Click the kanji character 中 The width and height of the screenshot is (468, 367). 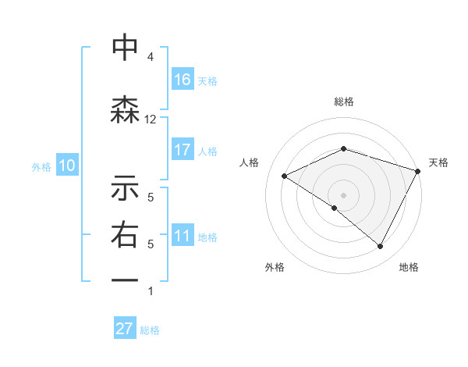tap(125, 48)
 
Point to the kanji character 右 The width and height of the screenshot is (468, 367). tap(125, 235)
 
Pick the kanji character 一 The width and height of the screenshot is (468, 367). tap(125, 280)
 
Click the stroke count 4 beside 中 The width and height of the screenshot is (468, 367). tap(151, 57)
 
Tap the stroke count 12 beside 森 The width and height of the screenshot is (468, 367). tap(151, 119)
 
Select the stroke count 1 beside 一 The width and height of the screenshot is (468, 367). tap(151, 291)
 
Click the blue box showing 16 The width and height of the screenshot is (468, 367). tap(183, 80)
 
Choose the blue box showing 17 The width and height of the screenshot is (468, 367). tap(183, 150)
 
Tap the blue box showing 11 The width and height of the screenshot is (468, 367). tap(183, 236)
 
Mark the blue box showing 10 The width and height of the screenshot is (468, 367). tap(67, 166)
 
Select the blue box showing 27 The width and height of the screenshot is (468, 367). tap(125, 329)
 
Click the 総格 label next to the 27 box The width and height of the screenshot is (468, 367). tap(150, 330)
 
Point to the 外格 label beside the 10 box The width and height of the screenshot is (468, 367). tap(41, 166)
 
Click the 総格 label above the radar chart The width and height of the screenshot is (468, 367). tap(343, 102)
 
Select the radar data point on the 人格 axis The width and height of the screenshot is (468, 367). tap(285, 176)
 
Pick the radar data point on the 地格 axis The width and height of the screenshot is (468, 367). tap(381, 247)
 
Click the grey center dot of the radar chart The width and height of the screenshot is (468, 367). tap(343, 194)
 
